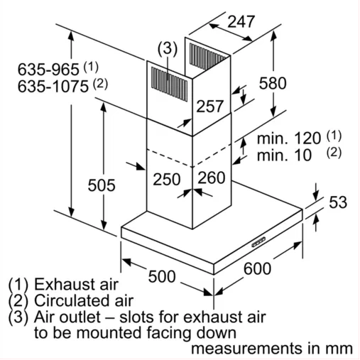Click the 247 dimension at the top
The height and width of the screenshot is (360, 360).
(241, 22)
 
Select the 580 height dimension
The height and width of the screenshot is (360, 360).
(273, 83)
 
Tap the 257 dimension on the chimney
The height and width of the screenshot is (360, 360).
(210, 106)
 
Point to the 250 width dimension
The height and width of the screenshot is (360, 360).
(167, 179)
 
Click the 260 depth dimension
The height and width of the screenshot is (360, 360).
(212, 178)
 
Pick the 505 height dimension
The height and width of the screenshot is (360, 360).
(102, 185)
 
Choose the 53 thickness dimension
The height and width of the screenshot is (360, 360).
(338, 202)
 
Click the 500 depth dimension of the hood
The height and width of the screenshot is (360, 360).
(162, 276)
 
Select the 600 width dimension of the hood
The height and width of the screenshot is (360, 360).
(257, 268)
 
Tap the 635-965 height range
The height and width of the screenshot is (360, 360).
(48, 70)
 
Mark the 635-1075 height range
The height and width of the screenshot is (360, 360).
(53, 87)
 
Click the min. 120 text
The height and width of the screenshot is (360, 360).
(289, 138)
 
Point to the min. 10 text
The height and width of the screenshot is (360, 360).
(284, 156)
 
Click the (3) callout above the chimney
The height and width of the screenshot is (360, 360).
(168, 49)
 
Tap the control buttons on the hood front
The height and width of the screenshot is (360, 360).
(258, 242)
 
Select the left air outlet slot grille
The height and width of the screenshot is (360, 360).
(169, 84)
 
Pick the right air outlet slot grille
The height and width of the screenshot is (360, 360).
(207, 57)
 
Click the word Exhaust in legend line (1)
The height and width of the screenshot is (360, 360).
(76, 284)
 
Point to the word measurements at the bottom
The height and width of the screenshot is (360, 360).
(247, 349)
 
